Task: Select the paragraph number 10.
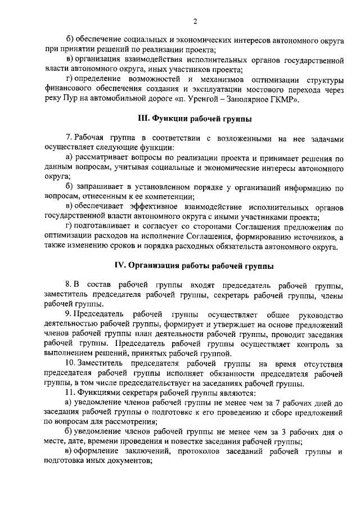(70, 364)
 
